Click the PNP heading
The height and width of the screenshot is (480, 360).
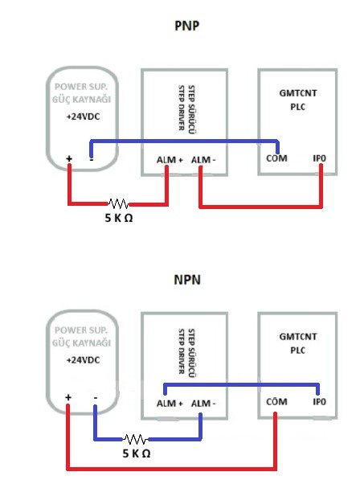[x=186, y=26]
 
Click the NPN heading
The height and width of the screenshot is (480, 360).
[x=187, y=280]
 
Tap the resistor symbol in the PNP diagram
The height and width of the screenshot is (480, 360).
[x=119, y=203]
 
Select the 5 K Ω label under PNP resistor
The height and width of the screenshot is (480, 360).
[x=119, y=218]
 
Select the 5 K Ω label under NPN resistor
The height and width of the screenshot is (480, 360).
[x=137, y=453]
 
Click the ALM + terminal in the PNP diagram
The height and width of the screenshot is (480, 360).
[x=170, y=160]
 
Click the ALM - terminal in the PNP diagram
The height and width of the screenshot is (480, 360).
[x=203, y=160]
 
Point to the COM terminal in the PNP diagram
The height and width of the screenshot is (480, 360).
[x=276, y=158]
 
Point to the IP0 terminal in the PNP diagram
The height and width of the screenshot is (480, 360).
[x=319, y=158]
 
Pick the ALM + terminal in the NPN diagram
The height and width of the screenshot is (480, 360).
[x=170, y=404]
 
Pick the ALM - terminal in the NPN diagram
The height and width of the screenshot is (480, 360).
[x=203, y=404]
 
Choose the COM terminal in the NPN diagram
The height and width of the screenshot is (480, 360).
[x=276, y=401]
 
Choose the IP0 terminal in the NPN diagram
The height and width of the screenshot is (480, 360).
[x=319, y=401]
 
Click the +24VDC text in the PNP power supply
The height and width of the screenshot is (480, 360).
[x=84, y=117]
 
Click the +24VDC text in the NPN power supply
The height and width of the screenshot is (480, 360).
[x=84, y=360]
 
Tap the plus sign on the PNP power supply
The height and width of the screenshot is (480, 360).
[x=69, y=158]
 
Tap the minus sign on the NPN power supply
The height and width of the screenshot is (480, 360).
[x=96, y=398]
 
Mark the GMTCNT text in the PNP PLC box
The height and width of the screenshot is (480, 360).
[x=298, y=93]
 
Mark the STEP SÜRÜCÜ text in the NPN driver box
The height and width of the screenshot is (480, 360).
[x=191, y=353]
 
